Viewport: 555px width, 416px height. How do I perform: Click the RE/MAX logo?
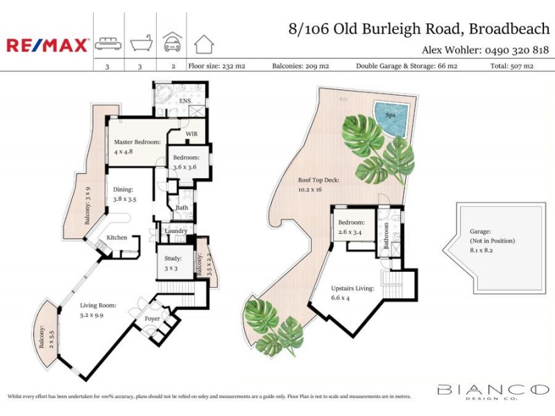click(x=47, y=45)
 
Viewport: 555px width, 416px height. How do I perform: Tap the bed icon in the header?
click(x=108, y=44)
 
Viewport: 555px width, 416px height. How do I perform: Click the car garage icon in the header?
click(x=171, y=43)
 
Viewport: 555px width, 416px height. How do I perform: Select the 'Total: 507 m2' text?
click(x=511, y=66)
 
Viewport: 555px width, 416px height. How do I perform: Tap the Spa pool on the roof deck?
click(x=390, y=119)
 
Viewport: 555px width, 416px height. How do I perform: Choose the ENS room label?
click(x=185, y=101)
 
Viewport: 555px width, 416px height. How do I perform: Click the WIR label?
click(x=192, y=135)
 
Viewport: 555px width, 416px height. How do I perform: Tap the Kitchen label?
click(x=117, y=238)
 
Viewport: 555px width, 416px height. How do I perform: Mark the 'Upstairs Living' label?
click(x=352, y=288)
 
